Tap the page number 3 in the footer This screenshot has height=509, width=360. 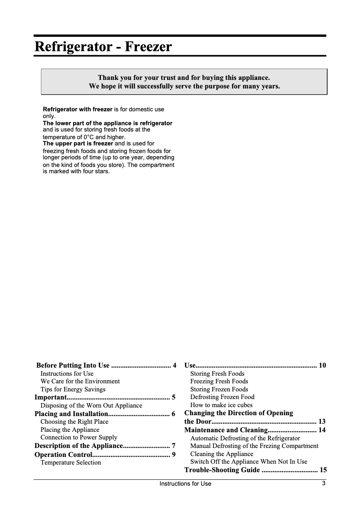point(323,483)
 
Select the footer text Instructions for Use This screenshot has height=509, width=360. point(185,484)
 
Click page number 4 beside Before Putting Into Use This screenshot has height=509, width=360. point(174,365)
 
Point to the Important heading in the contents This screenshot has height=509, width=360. point(51,397)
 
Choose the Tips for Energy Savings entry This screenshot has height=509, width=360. point(73,389)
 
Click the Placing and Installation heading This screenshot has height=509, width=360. point(71,413)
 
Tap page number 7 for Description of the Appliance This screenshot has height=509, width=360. point(174,446)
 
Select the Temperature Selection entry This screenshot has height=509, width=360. point(70,462)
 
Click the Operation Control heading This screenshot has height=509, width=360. point(63,455)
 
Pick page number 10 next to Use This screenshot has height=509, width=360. point(322,365)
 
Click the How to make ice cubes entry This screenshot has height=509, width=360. point(221,405)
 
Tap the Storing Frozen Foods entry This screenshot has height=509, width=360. point(219,389)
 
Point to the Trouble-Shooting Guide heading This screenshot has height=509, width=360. point(222,470)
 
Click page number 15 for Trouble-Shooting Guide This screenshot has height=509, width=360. point(322,470)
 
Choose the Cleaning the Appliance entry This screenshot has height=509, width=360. point(222,454)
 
